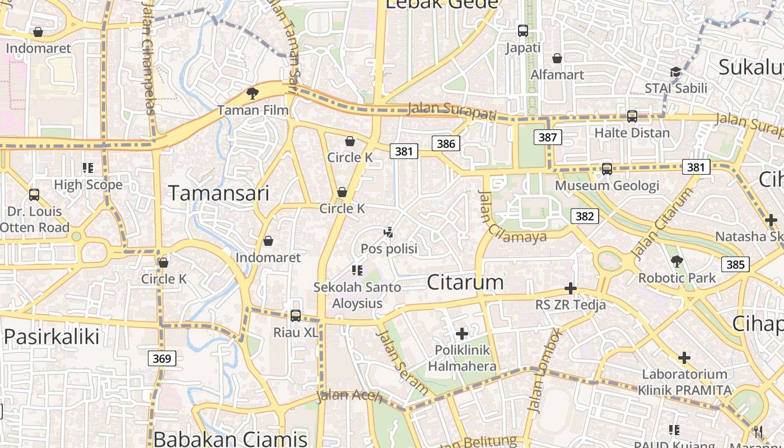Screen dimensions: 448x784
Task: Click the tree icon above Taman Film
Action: [253, 93]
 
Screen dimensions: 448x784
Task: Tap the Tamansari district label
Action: [219, 193]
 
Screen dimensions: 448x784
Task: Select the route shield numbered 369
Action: [162, 358]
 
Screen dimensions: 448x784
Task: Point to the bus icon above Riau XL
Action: [296, 316]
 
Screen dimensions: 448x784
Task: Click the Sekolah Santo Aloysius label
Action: [357, 295]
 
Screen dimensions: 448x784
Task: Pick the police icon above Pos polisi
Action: [389, 231]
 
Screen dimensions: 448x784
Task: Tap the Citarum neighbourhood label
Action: [465, 282]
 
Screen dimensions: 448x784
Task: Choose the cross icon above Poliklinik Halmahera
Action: [462, 334]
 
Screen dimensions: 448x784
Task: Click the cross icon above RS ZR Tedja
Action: [571, 289]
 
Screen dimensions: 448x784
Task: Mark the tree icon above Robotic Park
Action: [677, 261]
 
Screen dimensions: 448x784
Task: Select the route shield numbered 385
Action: [735, 264]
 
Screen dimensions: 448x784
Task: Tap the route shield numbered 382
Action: [585, 216]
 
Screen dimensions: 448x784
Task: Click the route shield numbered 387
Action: [547, 137]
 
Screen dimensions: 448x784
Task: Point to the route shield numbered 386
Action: [446, 144]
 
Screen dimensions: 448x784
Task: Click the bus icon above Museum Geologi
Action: [606, 169]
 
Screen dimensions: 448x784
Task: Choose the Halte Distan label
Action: [632, 133]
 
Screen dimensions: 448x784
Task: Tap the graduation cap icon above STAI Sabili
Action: [675, 72]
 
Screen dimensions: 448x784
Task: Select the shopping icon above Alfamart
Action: [557, 58]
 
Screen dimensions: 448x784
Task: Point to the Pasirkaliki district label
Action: [52, 337]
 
